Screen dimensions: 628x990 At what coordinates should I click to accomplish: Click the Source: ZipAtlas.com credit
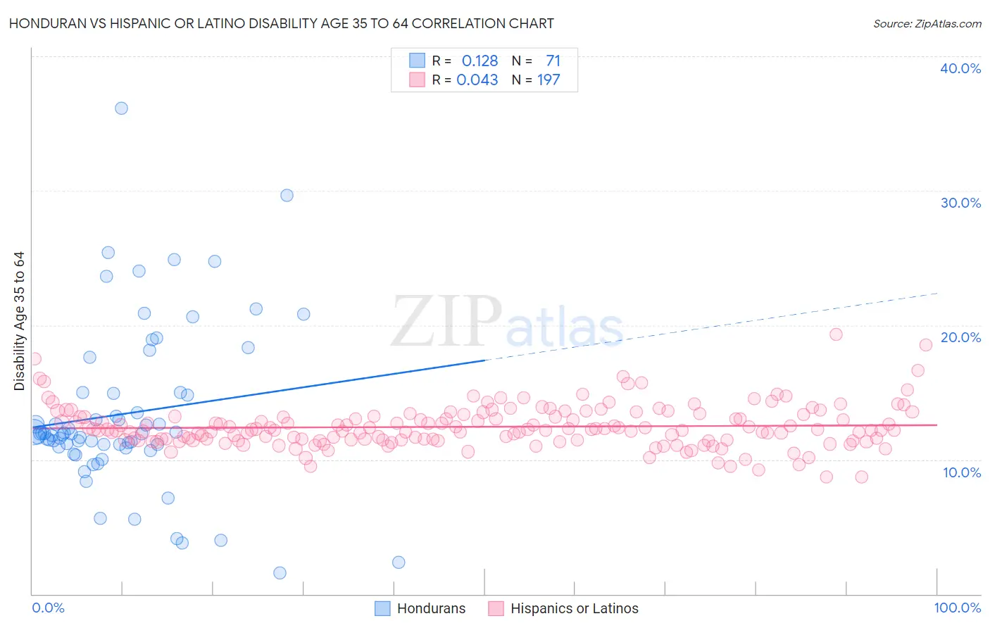point(927,23)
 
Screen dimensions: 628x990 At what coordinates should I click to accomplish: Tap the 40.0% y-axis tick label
point(960,68)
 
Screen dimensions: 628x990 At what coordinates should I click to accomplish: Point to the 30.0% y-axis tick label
point(960,203)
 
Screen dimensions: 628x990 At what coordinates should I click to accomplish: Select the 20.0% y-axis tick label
point(960,337)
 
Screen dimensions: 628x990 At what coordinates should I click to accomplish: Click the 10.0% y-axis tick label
point(962,472)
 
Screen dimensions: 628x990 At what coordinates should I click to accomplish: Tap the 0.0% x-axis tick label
point(48,608)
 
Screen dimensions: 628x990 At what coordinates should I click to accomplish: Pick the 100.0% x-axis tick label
point(957,608)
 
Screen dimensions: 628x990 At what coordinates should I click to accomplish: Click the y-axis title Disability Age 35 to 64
point(19,321)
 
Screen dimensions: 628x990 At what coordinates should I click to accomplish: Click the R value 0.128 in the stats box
point(480,61)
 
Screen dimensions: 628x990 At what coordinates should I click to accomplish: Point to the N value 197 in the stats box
point(549,80)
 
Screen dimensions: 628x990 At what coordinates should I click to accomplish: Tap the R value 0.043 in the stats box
point(477,80)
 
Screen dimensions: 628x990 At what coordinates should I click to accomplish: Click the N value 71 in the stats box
point(553,61)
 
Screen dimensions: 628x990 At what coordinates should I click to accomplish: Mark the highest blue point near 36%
point(121,108)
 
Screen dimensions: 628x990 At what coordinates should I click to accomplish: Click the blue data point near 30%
point(287,196)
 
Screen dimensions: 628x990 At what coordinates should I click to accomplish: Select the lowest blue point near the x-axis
point(280,573)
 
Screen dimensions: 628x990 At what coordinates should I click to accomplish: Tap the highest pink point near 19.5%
point(836,334)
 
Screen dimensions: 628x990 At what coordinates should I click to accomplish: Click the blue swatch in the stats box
point(417,61)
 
